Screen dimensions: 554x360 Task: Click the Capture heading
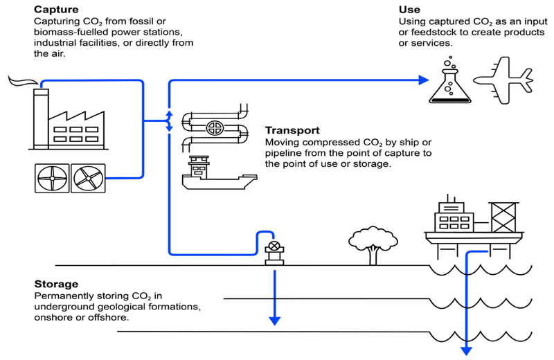pos(56,9)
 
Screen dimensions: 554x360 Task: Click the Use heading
pos(409,10)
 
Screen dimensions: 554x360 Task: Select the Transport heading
pos(292,130)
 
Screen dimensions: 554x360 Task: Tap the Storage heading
pos(56,284)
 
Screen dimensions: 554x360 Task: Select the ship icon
pos(219,172)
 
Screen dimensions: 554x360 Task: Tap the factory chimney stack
pos(41,118)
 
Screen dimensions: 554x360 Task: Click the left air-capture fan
pos(52,179)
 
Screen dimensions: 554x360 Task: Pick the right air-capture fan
pos(89,179)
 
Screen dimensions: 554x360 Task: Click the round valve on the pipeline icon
pos(215,128)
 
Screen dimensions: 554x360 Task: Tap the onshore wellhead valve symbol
pos(274,246)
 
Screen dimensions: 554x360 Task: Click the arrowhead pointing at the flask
pos(423,80)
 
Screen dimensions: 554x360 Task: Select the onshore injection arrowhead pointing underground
pos(274,321)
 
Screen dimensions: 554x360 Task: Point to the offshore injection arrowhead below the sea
pos(466,351)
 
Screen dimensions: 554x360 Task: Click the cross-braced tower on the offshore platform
pos(503,217)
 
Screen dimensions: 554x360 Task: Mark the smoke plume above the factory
pos(23,81)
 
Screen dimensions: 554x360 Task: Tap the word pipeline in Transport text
pos(281,153)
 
